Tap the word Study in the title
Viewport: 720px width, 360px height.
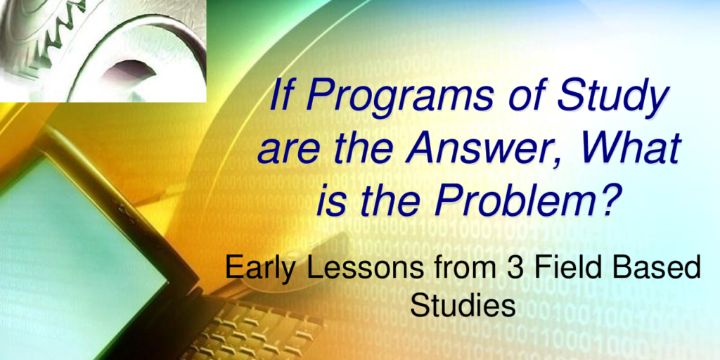point(613,96)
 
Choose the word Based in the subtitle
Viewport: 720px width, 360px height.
point(657,266)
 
